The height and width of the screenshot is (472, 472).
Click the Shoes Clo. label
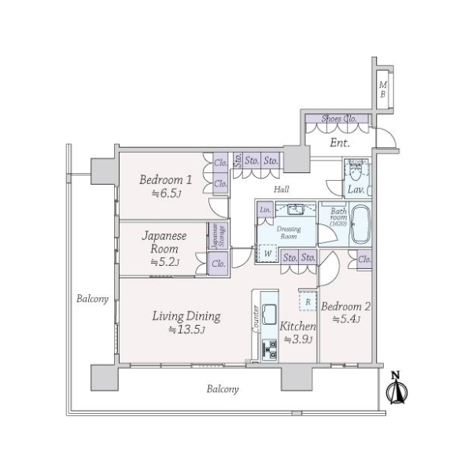click(338, 119)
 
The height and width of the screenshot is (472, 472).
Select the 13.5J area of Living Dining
click(186, 330)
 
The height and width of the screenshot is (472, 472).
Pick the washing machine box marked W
click(269, 254)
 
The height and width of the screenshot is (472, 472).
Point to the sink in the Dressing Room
click(296, 210)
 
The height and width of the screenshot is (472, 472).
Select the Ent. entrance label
click(340, 142)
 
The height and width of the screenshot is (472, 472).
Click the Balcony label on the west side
click(92, 299)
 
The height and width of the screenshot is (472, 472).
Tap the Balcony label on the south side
click(223, 389)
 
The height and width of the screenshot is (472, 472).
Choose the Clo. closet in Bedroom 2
click(364, 260)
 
